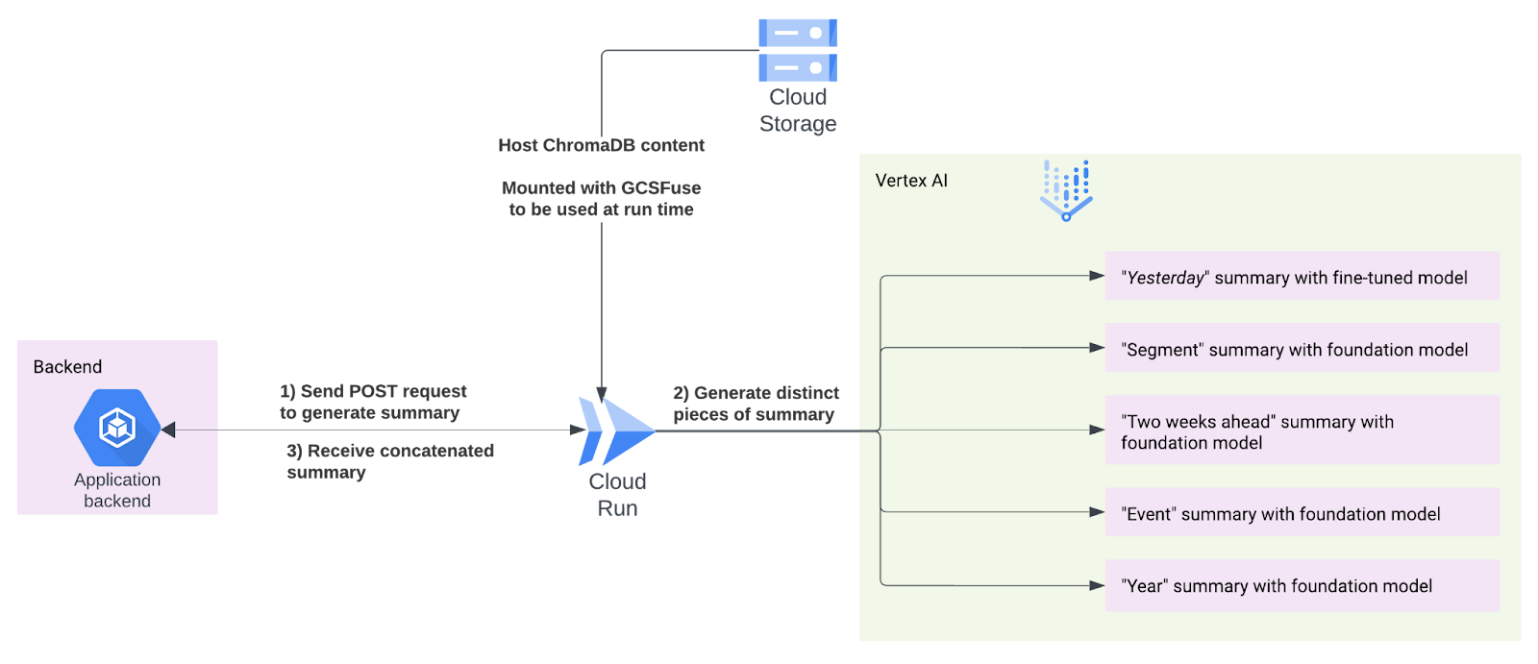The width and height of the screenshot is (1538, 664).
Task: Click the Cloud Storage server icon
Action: [x=798, y=50]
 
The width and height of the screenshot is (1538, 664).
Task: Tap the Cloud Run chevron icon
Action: [x=616, y=431]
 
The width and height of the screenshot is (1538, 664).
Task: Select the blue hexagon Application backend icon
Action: [x=117, y=428]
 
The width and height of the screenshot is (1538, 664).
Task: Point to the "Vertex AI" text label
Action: [x=911, y=181]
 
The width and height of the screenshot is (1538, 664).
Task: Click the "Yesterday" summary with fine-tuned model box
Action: [x=1302, y=276]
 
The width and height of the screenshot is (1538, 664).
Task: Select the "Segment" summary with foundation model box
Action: [x=1302, y=348]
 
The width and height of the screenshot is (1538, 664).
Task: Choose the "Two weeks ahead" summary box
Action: [x=1302, y=430]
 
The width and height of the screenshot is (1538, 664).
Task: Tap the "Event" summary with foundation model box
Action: [x=1302, y=512]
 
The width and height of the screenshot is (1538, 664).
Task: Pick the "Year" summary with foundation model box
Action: [x=1302, y=586]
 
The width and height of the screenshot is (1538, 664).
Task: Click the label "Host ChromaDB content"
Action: [x=602, y=145]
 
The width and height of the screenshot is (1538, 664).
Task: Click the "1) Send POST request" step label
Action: [x=373, y=391]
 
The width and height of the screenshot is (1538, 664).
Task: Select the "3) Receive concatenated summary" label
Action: [x=390, y=461]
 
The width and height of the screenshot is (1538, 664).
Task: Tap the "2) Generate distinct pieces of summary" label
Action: [x=756, y=404]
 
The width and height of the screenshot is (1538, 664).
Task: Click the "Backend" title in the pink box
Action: [x=67, y=367]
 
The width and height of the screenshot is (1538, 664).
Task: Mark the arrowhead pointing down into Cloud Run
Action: [x=602, y=395]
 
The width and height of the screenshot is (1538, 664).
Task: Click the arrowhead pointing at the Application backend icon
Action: [x=168, y=430]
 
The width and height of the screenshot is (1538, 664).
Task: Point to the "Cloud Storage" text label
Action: [x=798, y=110]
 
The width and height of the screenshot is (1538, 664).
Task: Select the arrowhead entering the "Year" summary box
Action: [x=1097, y=586]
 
